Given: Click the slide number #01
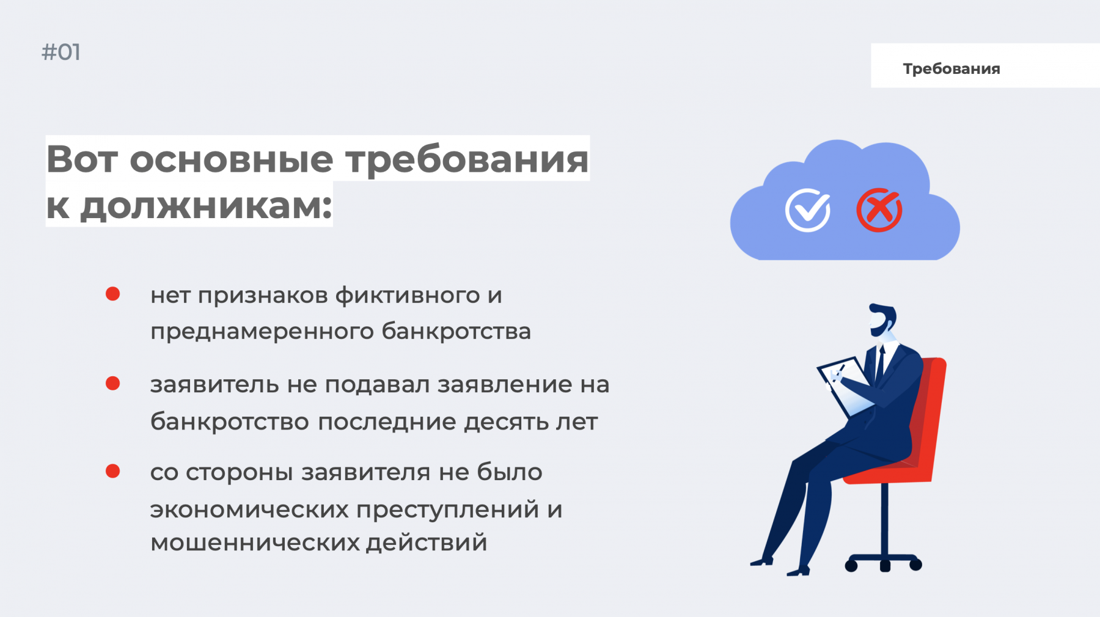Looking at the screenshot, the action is (x=61, y=53).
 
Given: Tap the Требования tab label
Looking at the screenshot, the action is (x=952, y=69).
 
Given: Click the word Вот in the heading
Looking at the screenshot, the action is (x=82, y=159).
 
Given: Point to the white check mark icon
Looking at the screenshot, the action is (x=808, y=210).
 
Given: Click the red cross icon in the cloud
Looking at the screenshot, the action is (x=879, y=210).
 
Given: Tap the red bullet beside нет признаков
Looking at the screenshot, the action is (x=112, y=294).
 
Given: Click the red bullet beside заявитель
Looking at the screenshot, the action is (x=112, y=383).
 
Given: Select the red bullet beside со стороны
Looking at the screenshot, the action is (x=112, y=471).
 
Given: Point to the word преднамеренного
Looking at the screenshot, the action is (x=262, y=332).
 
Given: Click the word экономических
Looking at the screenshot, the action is (x=249, y=509).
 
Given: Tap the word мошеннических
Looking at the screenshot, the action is (x=255, y=542).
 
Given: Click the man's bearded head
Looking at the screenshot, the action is (x=882, y=319).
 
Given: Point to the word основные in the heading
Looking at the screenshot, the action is (x=232, y=159).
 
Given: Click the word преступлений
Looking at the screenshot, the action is (x=449, y=509).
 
